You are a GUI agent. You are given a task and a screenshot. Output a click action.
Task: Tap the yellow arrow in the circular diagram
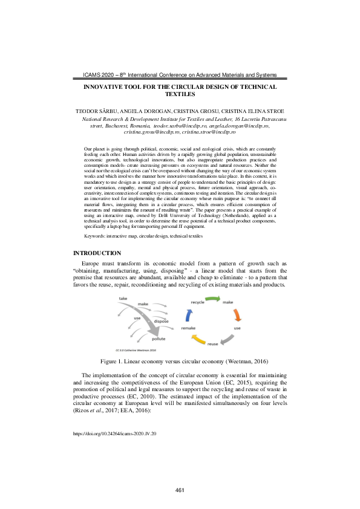tap(198, 341)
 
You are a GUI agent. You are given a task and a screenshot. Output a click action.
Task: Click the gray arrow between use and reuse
tap(227, 340)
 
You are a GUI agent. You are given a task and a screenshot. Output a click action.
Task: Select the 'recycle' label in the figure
tap(198, 301)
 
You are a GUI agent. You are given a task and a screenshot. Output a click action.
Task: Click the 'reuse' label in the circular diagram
tap(213, 344)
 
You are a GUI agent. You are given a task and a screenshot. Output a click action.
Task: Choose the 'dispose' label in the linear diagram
tap(161, 321)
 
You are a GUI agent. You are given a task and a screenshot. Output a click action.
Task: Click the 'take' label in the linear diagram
tap(123, 299)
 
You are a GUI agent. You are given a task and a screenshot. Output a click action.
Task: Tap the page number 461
tap(180, 490)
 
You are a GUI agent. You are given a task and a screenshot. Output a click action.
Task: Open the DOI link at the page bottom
tap(114, 433)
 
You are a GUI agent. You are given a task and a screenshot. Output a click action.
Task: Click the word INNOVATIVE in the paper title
tap(109, 87)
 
